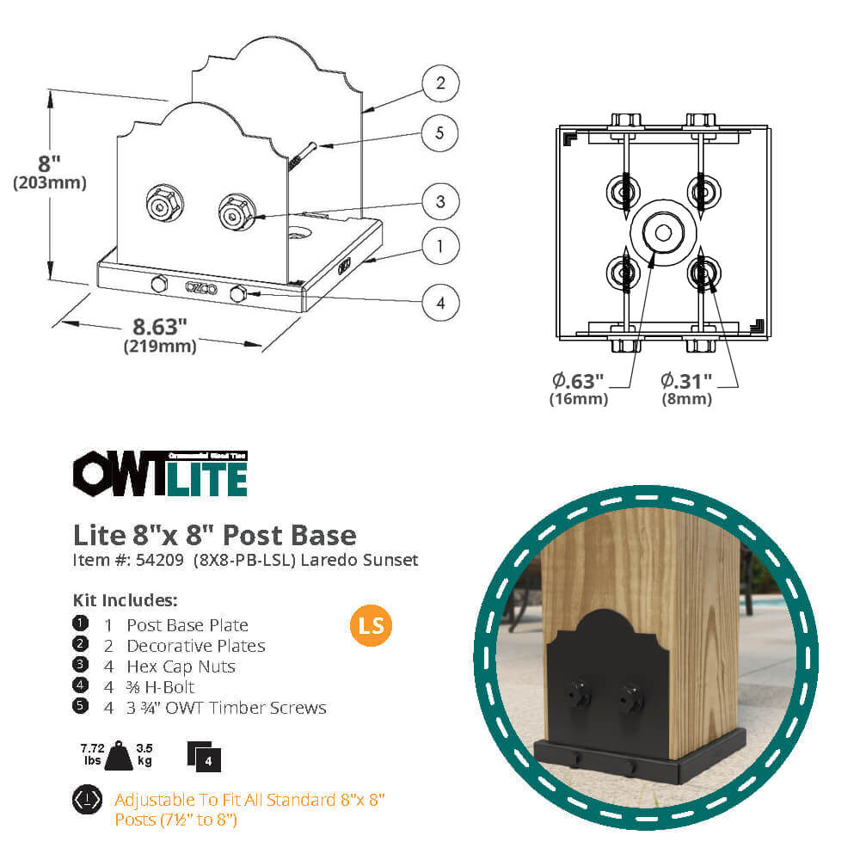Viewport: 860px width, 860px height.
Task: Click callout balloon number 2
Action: (x=440, y=83)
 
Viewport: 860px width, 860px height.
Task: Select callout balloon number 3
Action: (x=440, y=202)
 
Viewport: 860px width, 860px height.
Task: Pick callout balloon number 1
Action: (x=440, y=247)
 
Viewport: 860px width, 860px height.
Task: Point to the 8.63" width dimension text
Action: (x=159, y=327)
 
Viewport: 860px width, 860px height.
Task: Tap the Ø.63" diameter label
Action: (x=578, y=380)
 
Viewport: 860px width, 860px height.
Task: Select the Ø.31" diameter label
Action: (x=686, y=380)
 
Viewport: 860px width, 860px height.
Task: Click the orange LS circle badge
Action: (x=371, y=626)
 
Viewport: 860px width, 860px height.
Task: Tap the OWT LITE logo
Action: (x=160, y=475)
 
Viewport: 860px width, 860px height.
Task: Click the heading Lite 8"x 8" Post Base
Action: (x=214, y=535)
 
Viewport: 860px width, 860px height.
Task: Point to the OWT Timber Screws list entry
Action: (x=226, y=708)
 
